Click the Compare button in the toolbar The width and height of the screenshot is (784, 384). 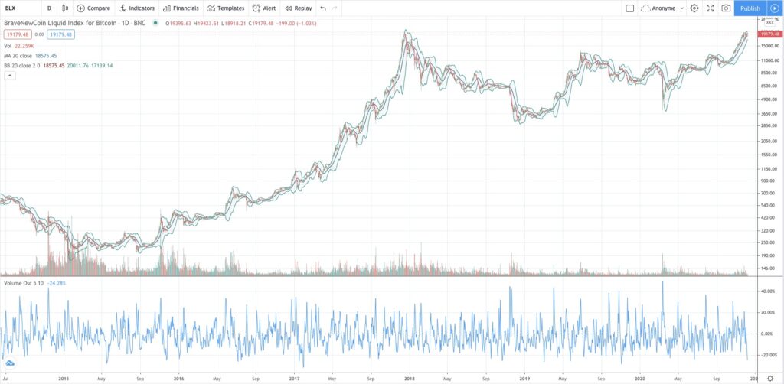click(93, 8)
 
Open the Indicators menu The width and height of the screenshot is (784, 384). click(137, 8)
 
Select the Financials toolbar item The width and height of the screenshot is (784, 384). click(181, 8)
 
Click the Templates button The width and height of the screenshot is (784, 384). click(226, 8)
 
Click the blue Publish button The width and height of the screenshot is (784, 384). click(750, 8)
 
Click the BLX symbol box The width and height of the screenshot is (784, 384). click(19, 8)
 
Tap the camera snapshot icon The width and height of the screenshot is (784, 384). click(726, 8)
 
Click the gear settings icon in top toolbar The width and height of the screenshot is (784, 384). click(694, 8)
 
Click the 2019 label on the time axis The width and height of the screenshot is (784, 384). click(524, 378)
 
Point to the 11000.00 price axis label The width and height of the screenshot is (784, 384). click(768, 59)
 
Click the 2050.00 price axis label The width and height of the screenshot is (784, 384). click(768, 142)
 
